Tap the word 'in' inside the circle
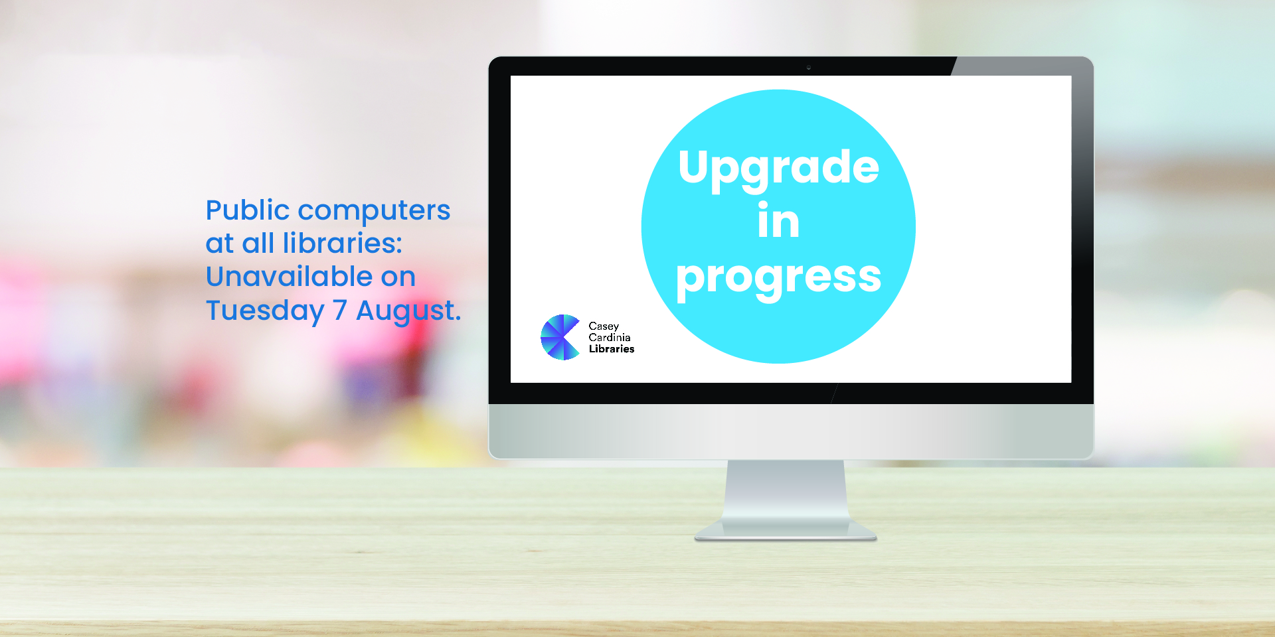point(778,220)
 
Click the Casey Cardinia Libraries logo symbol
point(561,337)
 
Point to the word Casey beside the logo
point(604,326)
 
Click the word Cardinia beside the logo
point(610,337)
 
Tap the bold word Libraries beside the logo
point(612,348)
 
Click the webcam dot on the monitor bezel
point(808,67)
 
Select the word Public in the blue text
point(248,212)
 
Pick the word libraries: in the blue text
point(343,244)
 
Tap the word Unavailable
point(290,277)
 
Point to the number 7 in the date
point(340,311)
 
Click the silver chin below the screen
point(791,431)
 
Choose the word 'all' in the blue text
point(258,244)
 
